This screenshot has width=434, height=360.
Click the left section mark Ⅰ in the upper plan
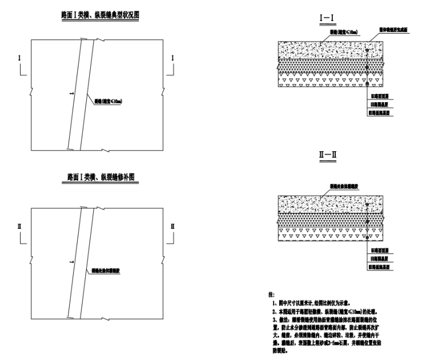[20, 58]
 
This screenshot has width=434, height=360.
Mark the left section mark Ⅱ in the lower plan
[20, 227]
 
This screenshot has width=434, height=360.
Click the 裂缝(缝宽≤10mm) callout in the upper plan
[109, 102]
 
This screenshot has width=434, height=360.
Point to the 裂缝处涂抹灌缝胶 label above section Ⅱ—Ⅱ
[342, 187]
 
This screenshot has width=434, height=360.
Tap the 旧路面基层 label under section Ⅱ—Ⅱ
[379, 258]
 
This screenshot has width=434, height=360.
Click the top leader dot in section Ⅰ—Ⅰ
[367, 51]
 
